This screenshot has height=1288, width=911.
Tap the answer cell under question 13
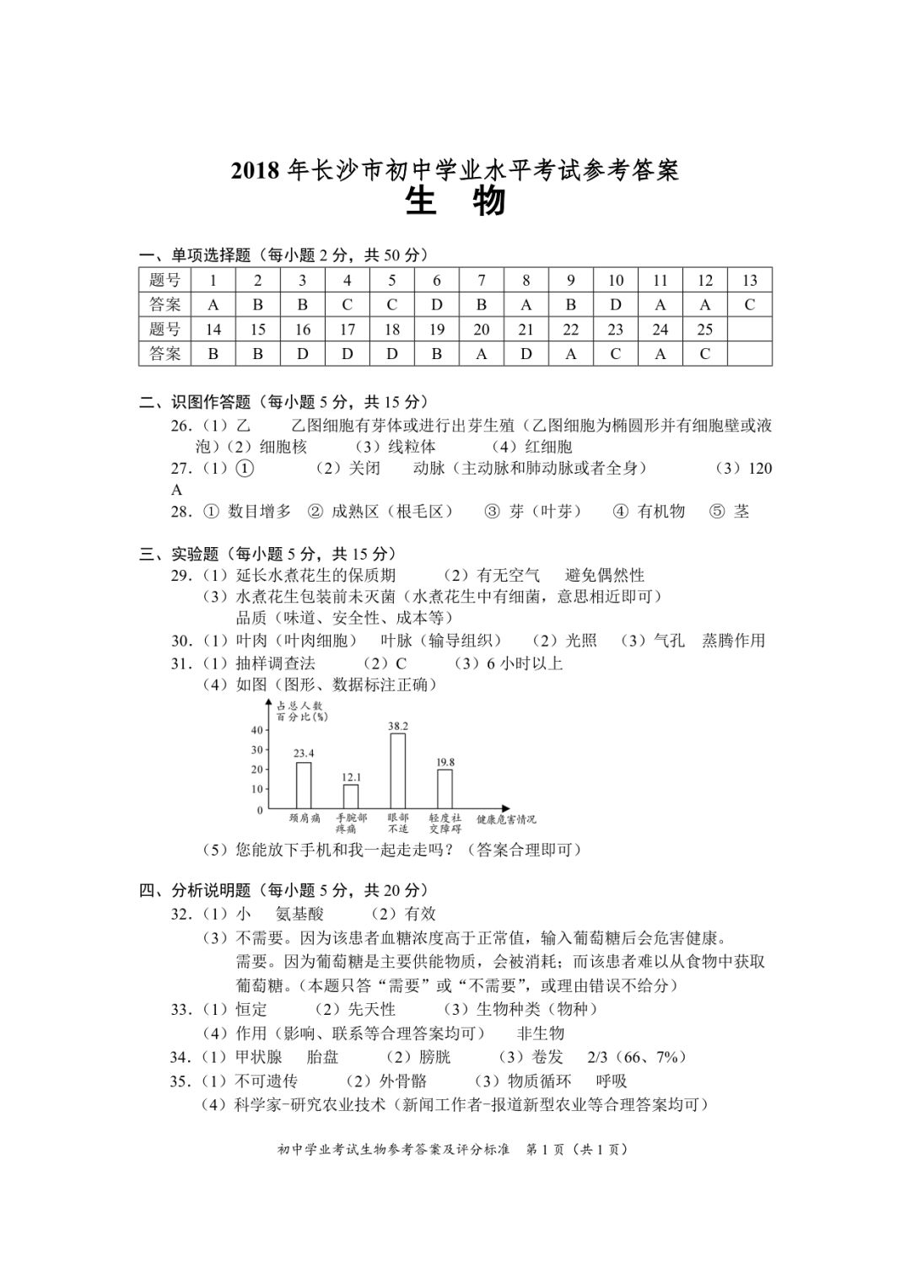pyautogui.click(x=749, y=305)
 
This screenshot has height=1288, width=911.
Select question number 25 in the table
pyautogui.click(x=704, y=330)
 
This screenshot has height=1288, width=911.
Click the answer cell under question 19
pyautogui.click(x=436, y=354)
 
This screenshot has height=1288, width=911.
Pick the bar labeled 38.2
pyautogui.click(x=397, y=771)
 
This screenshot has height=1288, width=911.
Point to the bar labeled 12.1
pyautogui.click(x=351, y=797)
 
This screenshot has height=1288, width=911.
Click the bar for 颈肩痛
pyautogui.click(x=304, y=786)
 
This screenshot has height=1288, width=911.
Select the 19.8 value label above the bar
pyautogui.click(x=445, y=762)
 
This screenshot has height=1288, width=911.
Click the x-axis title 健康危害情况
pyautogui.click(x=505, y=819)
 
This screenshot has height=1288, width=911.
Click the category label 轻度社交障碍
pyautogui.click(x=445, y=824)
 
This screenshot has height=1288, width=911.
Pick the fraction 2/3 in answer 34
pyautogui.click(x=597, y=1057)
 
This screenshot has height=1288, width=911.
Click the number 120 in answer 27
pyautogui.click(x=760, y=469)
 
